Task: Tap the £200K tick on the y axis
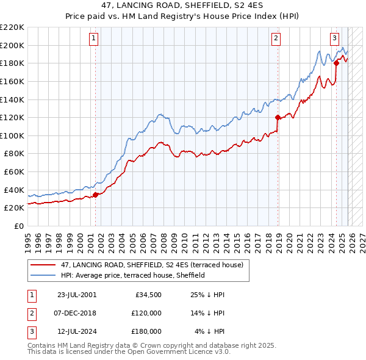(x=12, y=45)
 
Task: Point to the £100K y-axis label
(x=12, y=135)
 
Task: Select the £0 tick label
(x=18, y=226)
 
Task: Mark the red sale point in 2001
(x=95, y=195)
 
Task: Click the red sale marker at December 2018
(x=278, y=117)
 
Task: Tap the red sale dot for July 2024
(x=336, y=63)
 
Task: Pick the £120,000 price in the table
(x=146, y=313)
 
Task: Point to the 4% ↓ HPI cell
(x=210, y=331)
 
